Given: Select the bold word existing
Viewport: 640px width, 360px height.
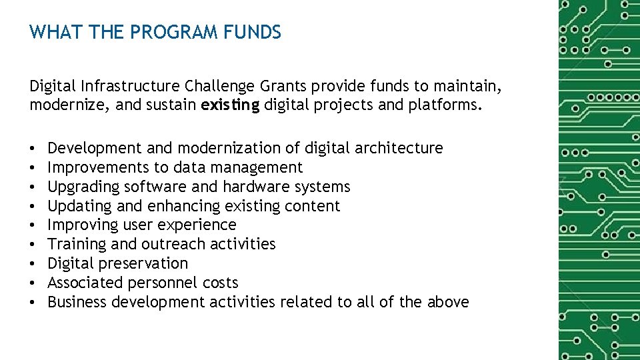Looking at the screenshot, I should [x=230, y=105].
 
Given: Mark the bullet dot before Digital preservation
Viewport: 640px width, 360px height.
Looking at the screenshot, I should [x=33, y=263].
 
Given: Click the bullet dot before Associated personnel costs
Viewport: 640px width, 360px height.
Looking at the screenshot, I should [x=33, y=283].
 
